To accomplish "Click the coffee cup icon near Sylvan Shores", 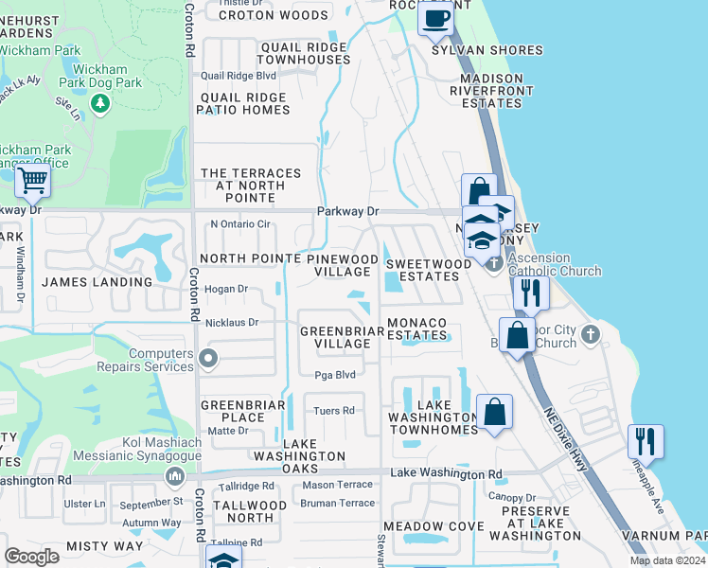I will [x=435, y=17].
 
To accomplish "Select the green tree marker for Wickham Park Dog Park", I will [x=98, y=101].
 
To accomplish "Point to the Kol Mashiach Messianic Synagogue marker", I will [x=172, y=474].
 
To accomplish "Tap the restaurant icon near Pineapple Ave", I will [x=645, y=441].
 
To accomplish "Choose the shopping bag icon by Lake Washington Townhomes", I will [x=494, y=413].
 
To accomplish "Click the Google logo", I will [x=32, y=556].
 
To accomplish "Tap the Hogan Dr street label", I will [x=226, y=289].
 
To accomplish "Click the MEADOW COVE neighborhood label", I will [x=427, y=525].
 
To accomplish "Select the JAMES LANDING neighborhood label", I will [x=97, y=282].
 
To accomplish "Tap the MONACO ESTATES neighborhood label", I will [x=416, y=328].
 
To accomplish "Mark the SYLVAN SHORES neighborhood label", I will [x=487, y=50].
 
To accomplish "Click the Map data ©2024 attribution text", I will [x=666, y=560].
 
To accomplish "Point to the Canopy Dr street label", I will [x=512, y=497].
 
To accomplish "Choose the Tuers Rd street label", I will [x=334, y=411].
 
